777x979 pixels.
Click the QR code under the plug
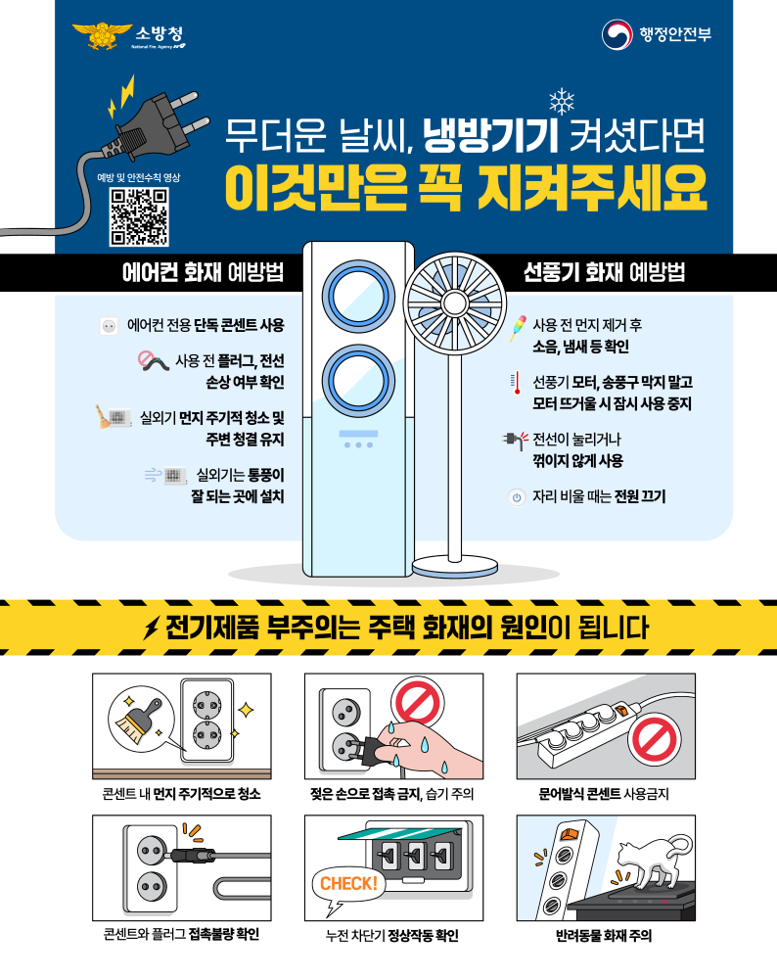pyautogui.click(x=138, y=215)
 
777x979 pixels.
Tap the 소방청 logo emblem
pyautogui.click(x=96, y=36)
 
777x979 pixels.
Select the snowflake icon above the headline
pyautogui.click(x=561, y=101)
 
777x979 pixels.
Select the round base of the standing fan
pyautogui.click(x=459, y=566)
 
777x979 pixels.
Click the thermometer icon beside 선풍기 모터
pyautogui.click(x=516, y=383)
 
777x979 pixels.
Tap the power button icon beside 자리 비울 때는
pyautogui.click(x=516, y=496)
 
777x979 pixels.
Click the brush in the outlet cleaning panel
pyautogui.click(x=135, y=719)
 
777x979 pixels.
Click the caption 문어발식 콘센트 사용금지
pyautogui.click(x=605, y=793)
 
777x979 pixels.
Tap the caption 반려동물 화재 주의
pyautogui.click(x=605, y=935)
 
